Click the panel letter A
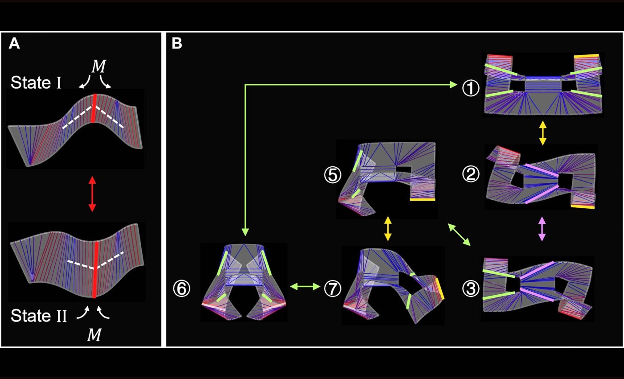click(x=14, y=44)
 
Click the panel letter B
click(x=177, y=44)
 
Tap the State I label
click(x=36, y=82)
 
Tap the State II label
click(x=39, y=316)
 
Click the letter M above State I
click(x=99, y=66)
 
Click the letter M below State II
click(x=94, y=335)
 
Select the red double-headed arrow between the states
click(x=92, y=194)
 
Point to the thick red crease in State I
click(x=94, y=108)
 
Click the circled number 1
click(x=471, y=88)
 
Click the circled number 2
click(x=471, y=174)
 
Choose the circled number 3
click(x=471, y=288)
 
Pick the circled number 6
click(x=182, y=288)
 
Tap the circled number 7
click(x=333, y=288)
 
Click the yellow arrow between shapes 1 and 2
click(x=543, y=133)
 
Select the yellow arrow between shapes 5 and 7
click(x=387, y=228)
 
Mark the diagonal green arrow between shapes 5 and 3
click(x=459, y=235)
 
